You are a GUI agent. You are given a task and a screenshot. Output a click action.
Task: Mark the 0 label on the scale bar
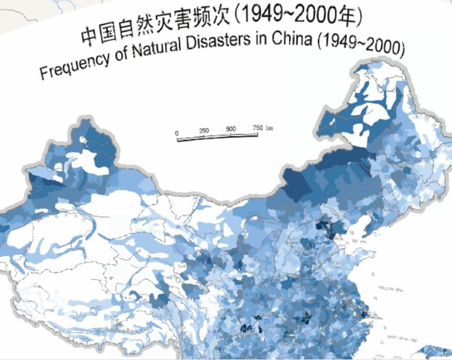[177, 134]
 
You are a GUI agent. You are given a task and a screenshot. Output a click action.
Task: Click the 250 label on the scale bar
[204, 131]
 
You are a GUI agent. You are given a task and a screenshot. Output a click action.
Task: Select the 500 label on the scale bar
[231, 129]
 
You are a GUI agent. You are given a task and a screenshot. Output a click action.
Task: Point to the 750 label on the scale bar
[257, 128]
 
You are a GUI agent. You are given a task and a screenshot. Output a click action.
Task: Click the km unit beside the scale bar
[270, 127]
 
